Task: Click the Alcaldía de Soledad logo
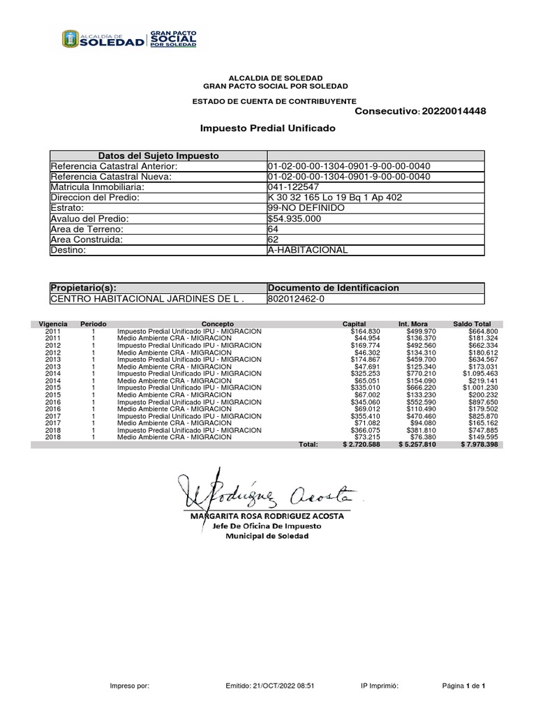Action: click(x=104, y=39)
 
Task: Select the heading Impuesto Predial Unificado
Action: click(x=268, y=128)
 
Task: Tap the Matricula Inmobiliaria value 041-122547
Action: click(x=294, y=187)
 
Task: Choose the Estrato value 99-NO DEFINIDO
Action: click(x=306, y=208)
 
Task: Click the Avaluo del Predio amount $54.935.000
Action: click(x=295, y=219)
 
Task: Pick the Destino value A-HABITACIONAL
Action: click(x=307, y=249)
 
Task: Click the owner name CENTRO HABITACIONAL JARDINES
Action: click(x=147, y=300)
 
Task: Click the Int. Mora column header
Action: click(x=413, y=325)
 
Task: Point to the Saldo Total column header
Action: click(x=472, y=325)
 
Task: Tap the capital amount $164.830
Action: click(x=366, y=331)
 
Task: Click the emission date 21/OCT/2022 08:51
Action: click(x=271, y=686)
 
